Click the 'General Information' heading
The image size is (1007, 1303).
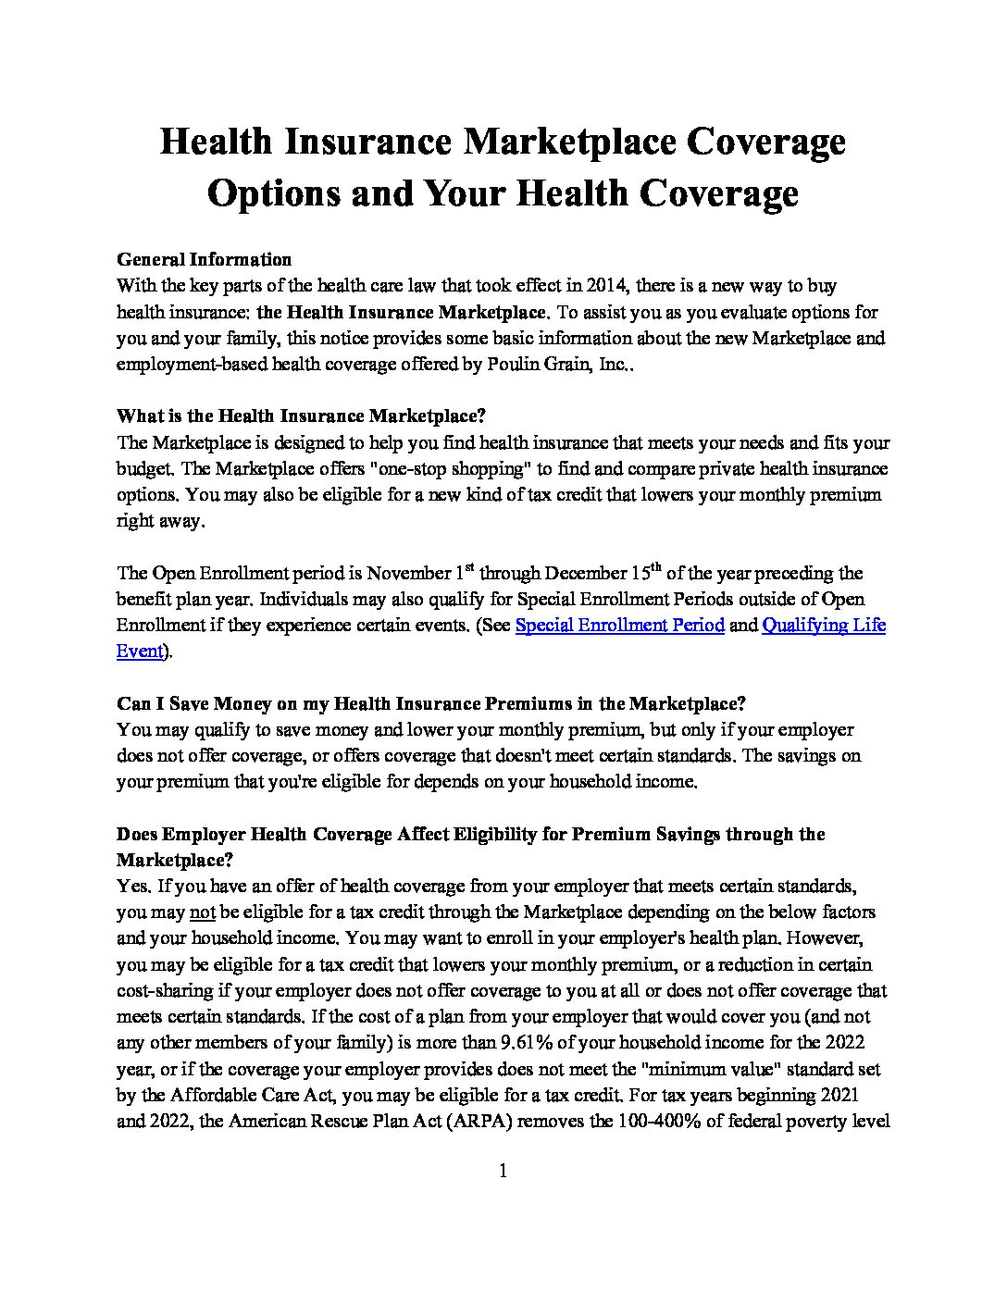[204, 259]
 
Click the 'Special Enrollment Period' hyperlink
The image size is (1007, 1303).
[619, 626]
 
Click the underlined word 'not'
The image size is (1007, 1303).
[202, 912]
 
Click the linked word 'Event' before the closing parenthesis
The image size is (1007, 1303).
[140, 651]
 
